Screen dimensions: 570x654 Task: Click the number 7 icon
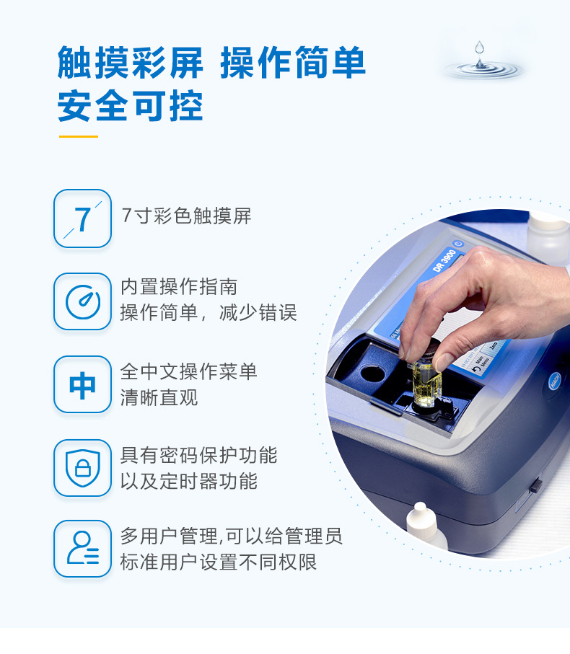pyautogui.click(x=83, y=218)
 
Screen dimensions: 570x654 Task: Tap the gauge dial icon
pyautogui.click(x=83, y=301)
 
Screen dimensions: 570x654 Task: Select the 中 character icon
pyautogui.click(x=83, y=384)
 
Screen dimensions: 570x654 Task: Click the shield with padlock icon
pyautogui.click(x=83, y=468)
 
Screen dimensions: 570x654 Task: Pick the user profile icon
pyautogui.click(x=83, y=549)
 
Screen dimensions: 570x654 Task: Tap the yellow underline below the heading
pyautogui.click(x=79, y=136)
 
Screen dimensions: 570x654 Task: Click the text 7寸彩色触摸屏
pyautogui.click(x=186, y=216)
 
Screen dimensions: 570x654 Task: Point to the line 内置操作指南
pyautogui.click(x=179, y=286)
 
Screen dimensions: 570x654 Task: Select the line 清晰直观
pyautogui.click(x=159, y=397)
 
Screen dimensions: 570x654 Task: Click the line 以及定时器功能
pyautogui.click(x=188, y=481)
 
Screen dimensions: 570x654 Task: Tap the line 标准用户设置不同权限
pyautogui.click(x=218, y=562)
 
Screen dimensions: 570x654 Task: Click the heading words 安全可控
pyautogui.click(x=130, y=107)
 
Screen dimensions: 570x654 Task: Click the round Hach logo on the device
pyautogui.click(x=555, y=381)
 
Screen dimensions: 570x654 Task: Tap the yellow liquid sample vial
pyautogui.click(x=426, y=384)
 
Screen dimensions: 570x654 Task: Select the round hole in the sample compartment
pyautogui.click(x=372, y=372)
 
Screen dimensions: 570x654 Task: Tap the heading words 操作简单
pyautogui.click(x=293, y=63)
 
